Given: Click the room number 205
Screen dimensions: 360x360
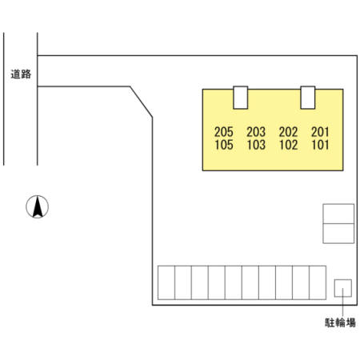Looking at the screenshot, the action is pos(224,132).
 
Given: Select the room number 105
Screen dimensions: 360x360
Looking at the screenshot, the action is pos(224,145).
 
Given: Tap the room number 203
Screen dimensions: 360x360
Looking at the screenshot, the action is pos(256,132).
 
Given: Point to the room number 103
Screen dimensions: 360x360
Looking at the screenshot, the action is pos(256,145).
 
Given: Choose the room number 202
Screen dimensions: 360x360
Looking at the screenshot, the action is pos(288,132).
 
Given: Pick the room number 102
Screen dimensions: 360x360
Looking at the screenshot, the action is pos(288,145).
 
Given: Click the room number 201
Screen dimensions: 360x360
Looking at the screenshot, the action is pos(320,132).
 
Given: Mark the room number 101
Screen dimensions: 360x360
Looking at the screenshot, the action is pos(320,145).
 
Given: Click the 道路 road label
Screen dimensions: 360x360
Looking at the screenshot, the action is pos(21,74).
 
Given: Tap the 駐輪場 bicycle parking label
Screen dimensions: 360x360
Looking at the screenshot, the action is pos(340,322).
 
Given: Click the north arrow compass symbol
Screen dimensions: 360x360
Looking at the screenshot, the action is pos(38,206).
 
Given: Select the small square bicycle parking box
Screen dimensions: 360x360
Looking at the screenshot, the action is pos(343,288).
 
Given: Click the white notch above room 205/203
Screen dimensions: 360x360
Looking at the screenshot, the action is pos(241,98).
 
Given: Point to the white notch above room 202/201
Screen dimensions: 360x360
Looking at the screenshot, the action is pos(308,98).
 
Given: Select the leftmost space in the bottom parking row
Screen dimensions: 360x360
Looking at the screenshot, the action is pos(166,282).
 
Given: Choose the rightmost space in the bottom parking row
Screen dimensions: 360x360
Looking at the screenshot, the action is pos(318,282).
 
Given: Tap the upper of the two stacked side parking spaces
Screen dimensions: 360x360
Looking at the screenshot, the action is pos(338,214).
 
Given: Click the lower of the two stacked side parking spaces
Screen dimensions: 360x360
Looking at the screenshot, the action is pos(338,234).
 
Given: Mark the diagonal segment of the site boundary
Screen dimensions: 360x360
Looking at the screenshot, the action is pos(141,102).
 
